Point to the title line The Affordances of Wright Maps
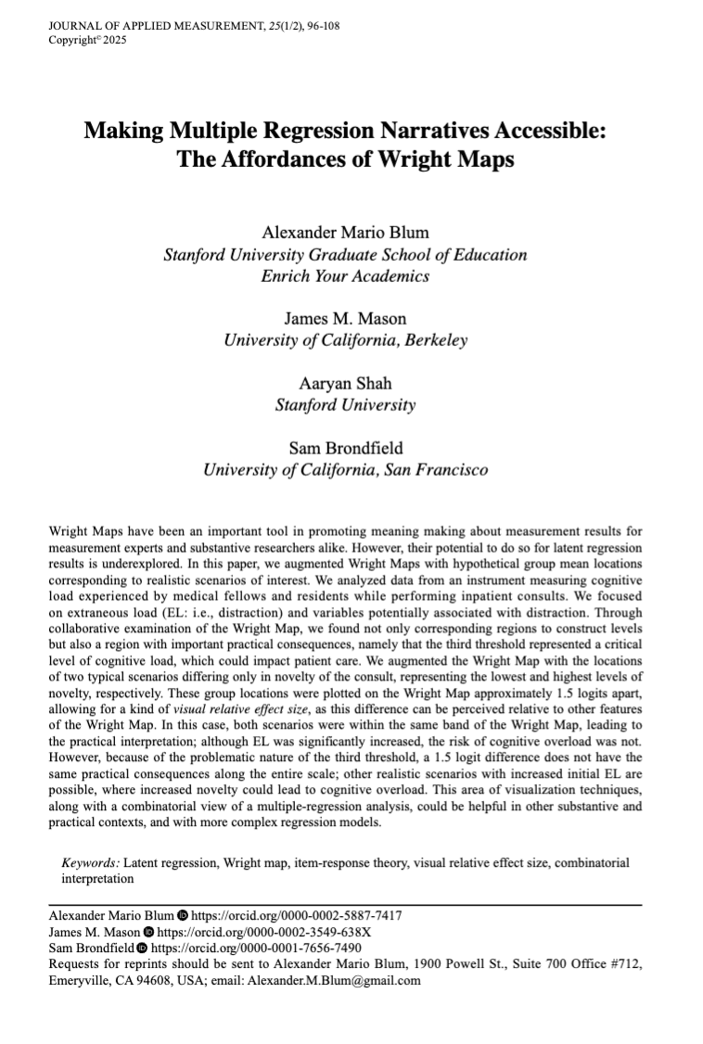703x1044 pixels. (x=345, y=158)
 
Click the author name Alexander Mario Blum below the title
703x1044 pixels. (x=345, y=233)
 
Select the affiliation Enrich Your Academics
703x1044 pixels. (x=345, y=275)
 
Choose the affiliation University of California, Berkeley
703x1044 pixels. (x=345, y=339)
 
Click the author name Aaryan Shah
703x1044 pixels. (x=345, y=383)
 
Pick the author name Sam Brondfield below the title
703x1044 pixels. (x=345, y=448)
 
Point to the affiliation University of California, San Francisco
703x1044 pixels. (x=345, y=469)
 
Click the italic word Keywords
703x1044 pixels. (x=91, y=862)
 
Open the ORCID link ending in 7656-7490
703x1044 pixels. (x=256, y=948)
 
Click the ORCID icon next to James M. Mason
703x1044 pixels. (x=149, y=931)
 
